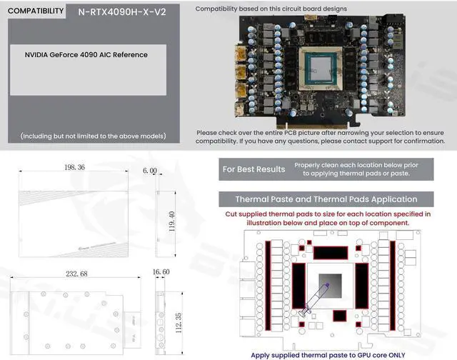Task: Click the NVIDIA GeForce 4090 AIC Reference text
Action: (x=86, y=55)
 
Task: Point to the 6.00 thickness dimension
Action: (x=149, y=171)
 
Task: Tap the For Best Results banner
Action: (x=253, y=169)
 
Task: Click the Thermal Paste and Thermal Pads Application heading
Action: (x=326, y=199)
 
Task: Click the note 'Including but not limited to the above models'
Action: (x=93, y=136)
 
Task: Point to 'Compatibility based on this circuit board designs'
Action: (x=271, y=9)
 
